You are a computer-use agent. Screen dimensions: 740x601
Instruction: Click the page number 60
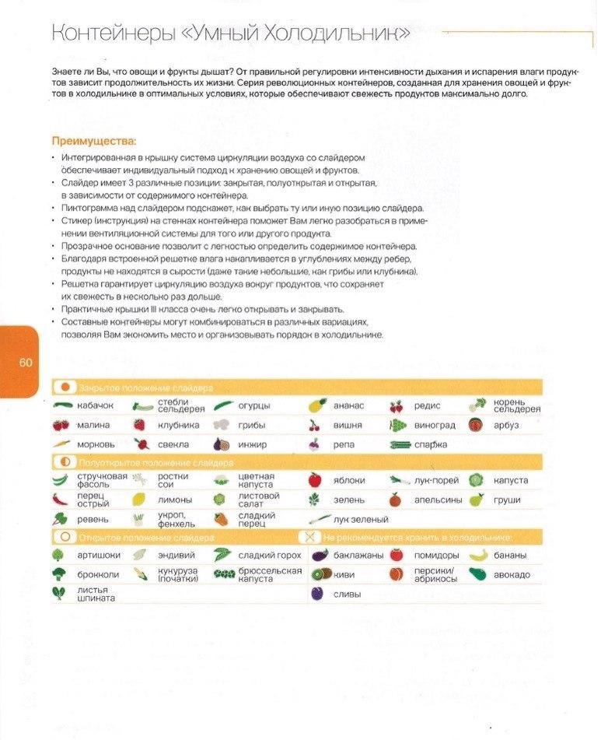(x=24, y=363)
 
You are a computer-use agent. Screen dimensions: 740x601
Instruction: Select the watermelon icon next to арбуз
(x=476, y=425)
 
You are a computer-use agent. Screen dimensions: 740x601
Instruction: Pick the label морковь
(x=96, y=444)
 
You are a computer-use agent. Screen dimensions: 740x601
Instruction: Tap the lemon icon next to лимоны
(x=139, y=500)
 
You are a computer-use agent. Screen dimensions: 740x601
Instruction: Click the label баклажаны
(x=358, y=555)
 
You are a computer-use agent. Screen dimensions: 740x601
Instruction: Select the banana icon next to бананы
(x=478, y=555)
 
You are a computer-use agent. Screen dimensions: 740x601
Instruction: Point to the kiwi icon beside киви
(x=317, y=574)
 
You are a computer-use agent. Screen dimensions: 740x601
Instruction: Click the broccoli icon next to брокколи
(x=60, y=574)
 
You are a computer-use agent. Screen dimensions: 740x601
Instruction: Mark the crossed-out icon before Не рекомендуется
(x=309, y=537)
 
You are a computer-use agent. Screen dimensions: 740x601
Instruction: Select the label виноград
(x=435, y=425)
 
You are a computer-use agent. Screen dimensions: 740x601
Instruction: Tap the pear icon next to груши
(x=477, y=500)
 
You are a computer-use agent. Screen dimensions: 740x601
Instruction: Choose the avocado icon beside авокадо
(x=478, y=574)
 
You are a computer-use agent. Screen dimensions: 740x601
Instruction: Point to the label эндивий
(x=176, y=555)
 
